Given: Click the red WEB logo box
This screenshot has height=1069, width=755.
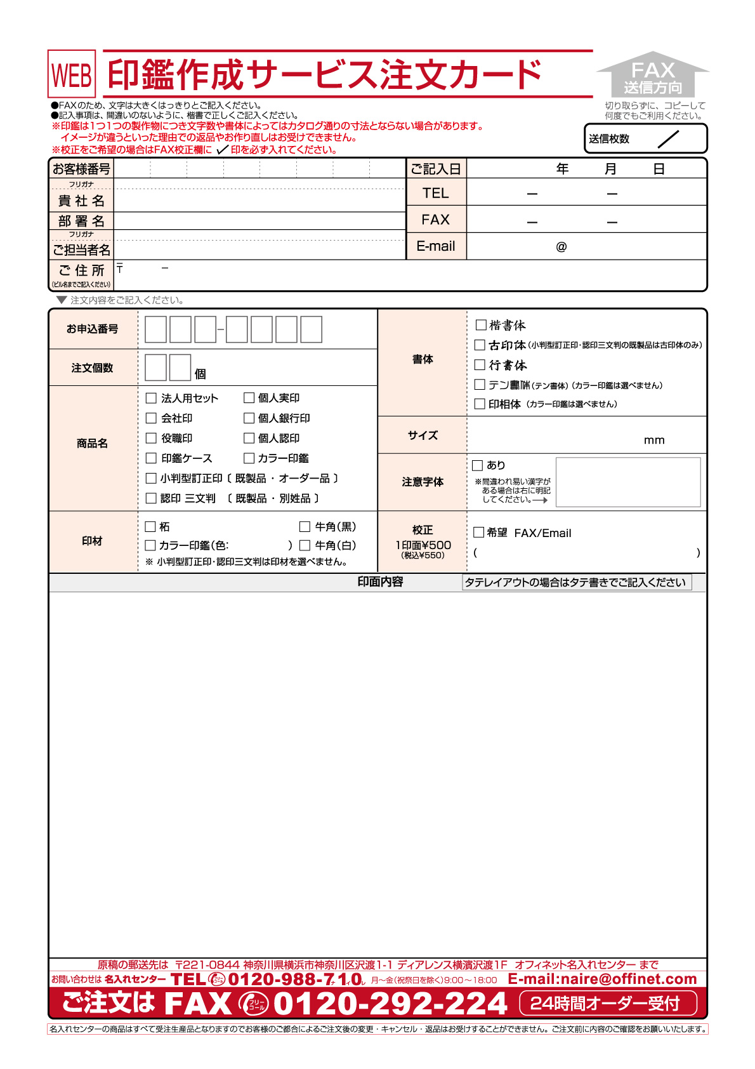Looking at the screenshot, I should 72,74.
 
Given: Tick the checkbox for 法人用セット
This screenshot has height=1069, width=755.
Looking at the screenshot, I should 151,398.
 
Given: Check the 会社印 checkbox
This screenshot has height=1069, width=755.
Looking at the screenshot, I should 151,418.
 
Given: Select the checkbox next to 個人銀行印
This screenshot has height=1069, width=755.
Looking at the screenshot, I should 249,418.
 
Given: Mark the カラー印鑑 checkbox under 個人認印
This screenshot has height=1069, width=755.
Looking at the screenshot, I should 249,458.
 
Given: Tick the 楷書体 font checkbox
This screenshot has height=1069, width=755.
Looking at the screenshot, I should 481,325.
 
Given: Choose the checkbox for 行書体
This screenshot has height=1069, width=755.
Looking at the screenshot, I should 480,365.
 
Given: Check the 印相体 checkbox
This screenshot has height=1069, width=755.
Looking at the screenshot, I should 480,404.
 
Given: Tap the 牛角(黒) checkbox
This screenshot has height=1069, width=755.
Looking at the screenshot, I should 305,526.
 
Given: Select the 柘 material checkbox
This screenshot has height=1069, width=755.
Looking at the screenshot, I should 150,526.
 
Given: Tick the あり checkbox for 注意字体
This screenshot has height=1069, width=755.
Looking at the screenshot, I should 478,465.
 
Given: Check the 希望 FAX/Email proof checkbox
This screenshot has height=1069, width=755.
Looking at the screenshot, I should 479,532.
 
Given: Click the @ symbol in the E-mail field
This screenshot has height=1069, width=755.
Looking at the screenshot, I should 561,247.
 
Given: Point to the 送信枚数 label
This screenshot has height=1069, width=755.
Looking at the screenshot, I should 608,139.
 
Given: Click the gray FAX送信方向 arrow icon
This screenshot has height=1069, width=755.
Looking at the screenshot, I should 653,75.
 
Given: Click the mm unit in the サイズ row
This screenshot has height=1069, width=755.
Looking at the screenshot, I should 654,440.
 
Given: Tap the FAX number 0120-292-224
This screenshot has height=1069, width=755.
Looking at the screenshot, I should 390,1004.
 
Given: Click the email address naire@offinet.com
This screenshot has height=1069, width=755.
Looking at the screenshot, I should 602,979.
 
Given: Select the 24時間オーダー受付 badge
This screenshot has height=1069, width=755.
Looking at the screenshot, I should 608,1004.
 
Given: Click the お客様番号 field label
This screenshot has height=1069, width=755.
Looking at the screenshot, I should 81,169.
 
